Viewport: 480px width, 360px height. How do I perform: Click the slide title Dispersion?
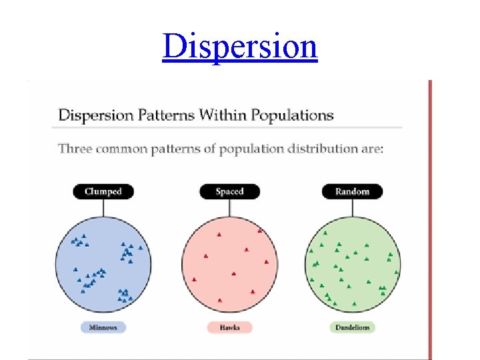[239, 46]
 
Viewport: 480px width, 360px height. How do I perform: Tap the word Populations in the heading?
[292, 115]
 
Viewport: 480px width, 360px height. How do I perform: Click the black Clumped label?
[103, 191]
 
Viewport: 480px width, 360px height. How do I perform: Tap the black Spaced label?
[229, 191]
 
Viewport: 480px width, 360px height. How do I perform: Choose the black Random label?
[352, 191]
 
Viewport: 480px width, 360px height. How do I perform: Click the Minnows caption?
[103, 327]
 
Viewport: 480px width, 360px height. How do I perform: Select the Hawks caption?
[229, 327]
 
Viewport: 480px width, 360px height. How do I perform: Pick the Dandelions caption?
[352, 327]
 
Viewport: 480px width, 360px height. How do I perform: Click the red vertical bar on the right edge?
[430, 220]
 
